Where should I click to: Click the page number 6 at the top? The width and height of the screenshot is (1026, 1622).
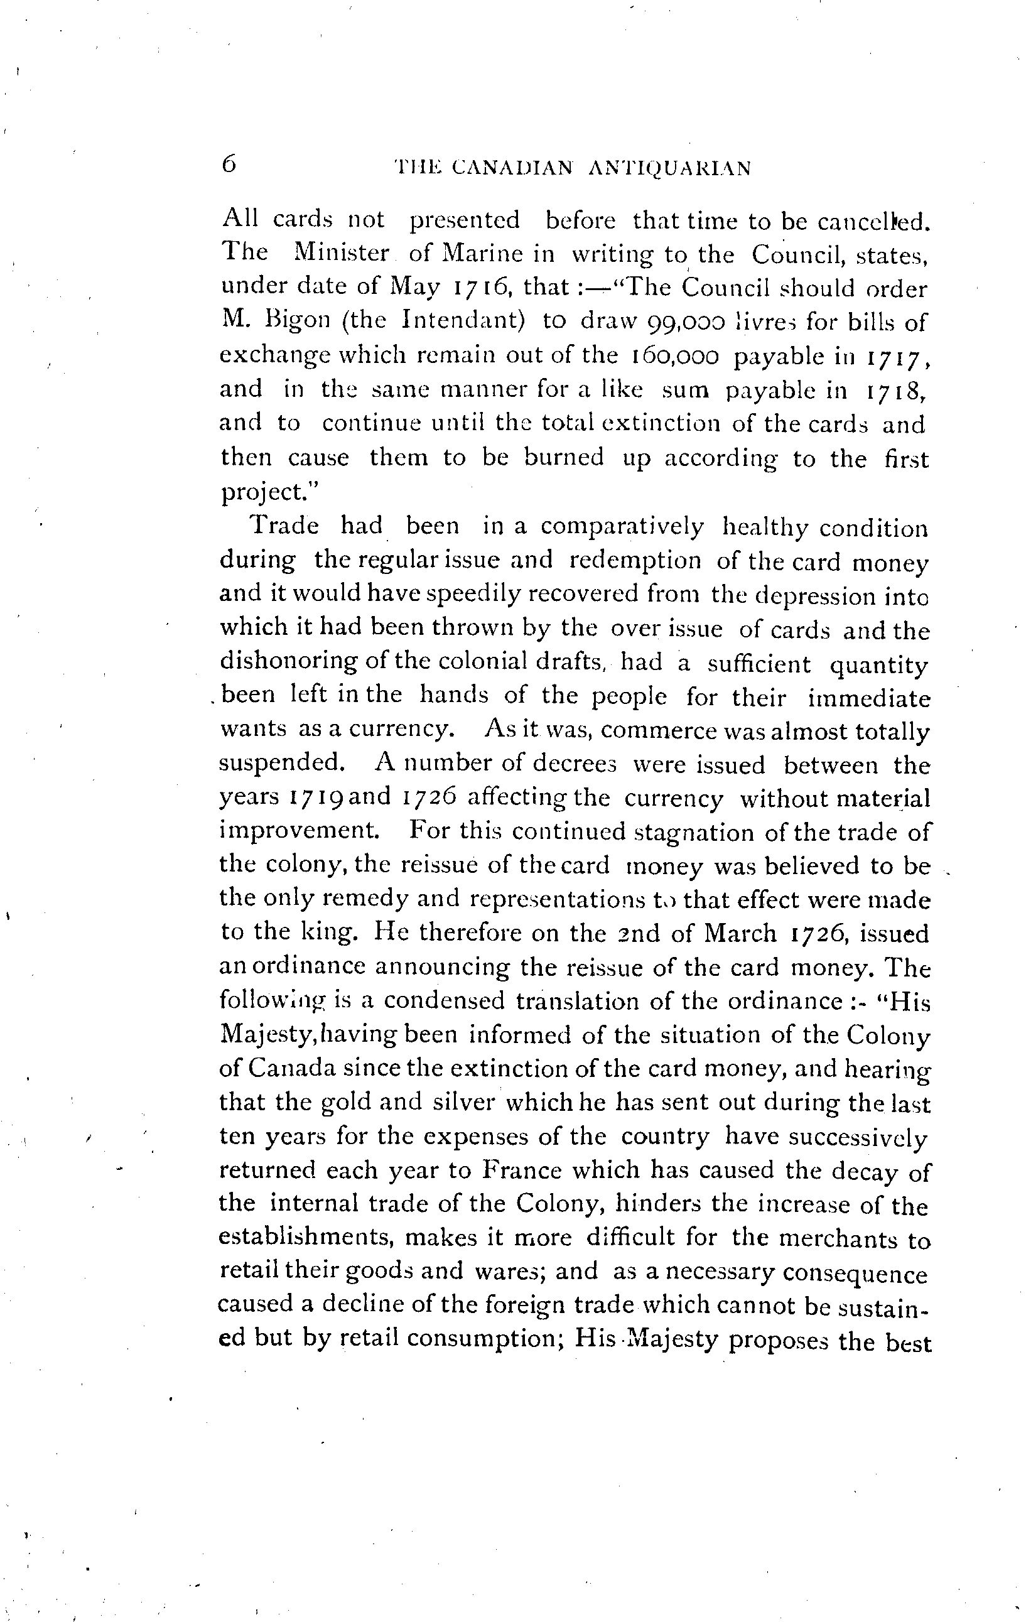(229, 165)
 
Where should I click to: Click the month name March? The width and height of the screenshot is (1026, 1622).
(740, 934)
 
